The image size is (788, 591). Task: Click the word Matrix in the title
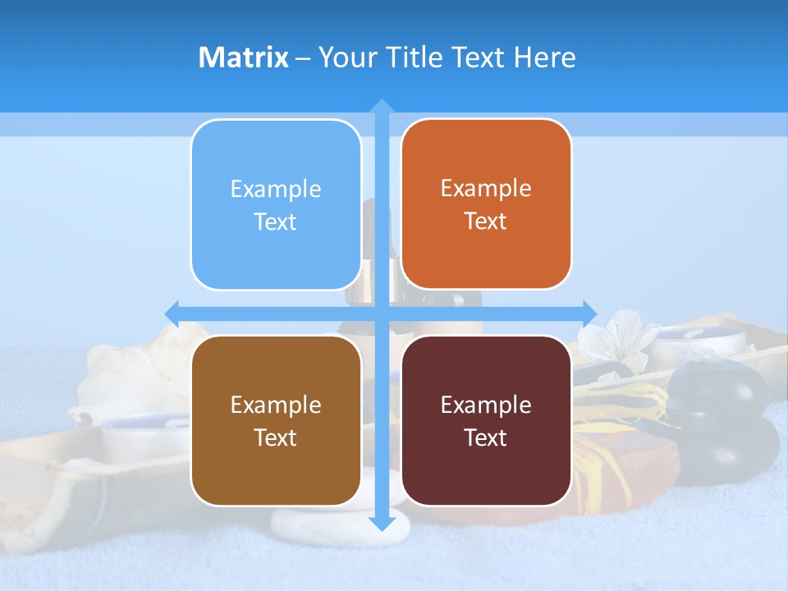pos(243,57)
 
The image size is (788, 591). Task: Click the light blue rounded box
pos(276,204)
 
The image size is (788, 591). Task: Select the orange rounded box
pos(486,204)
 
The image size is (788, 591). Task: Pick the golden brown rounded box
pos(276,420)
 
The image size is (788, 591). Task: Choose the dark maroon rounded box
pos(486,420)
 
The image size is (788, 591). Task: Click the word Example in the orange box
pos(486,189)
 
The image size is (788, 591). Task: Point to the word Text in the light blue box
pos(276,222)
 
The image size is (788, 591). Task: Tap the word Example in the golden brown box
pos(276,405)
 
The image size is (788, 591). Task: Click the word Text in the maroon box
pos(486,438)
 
